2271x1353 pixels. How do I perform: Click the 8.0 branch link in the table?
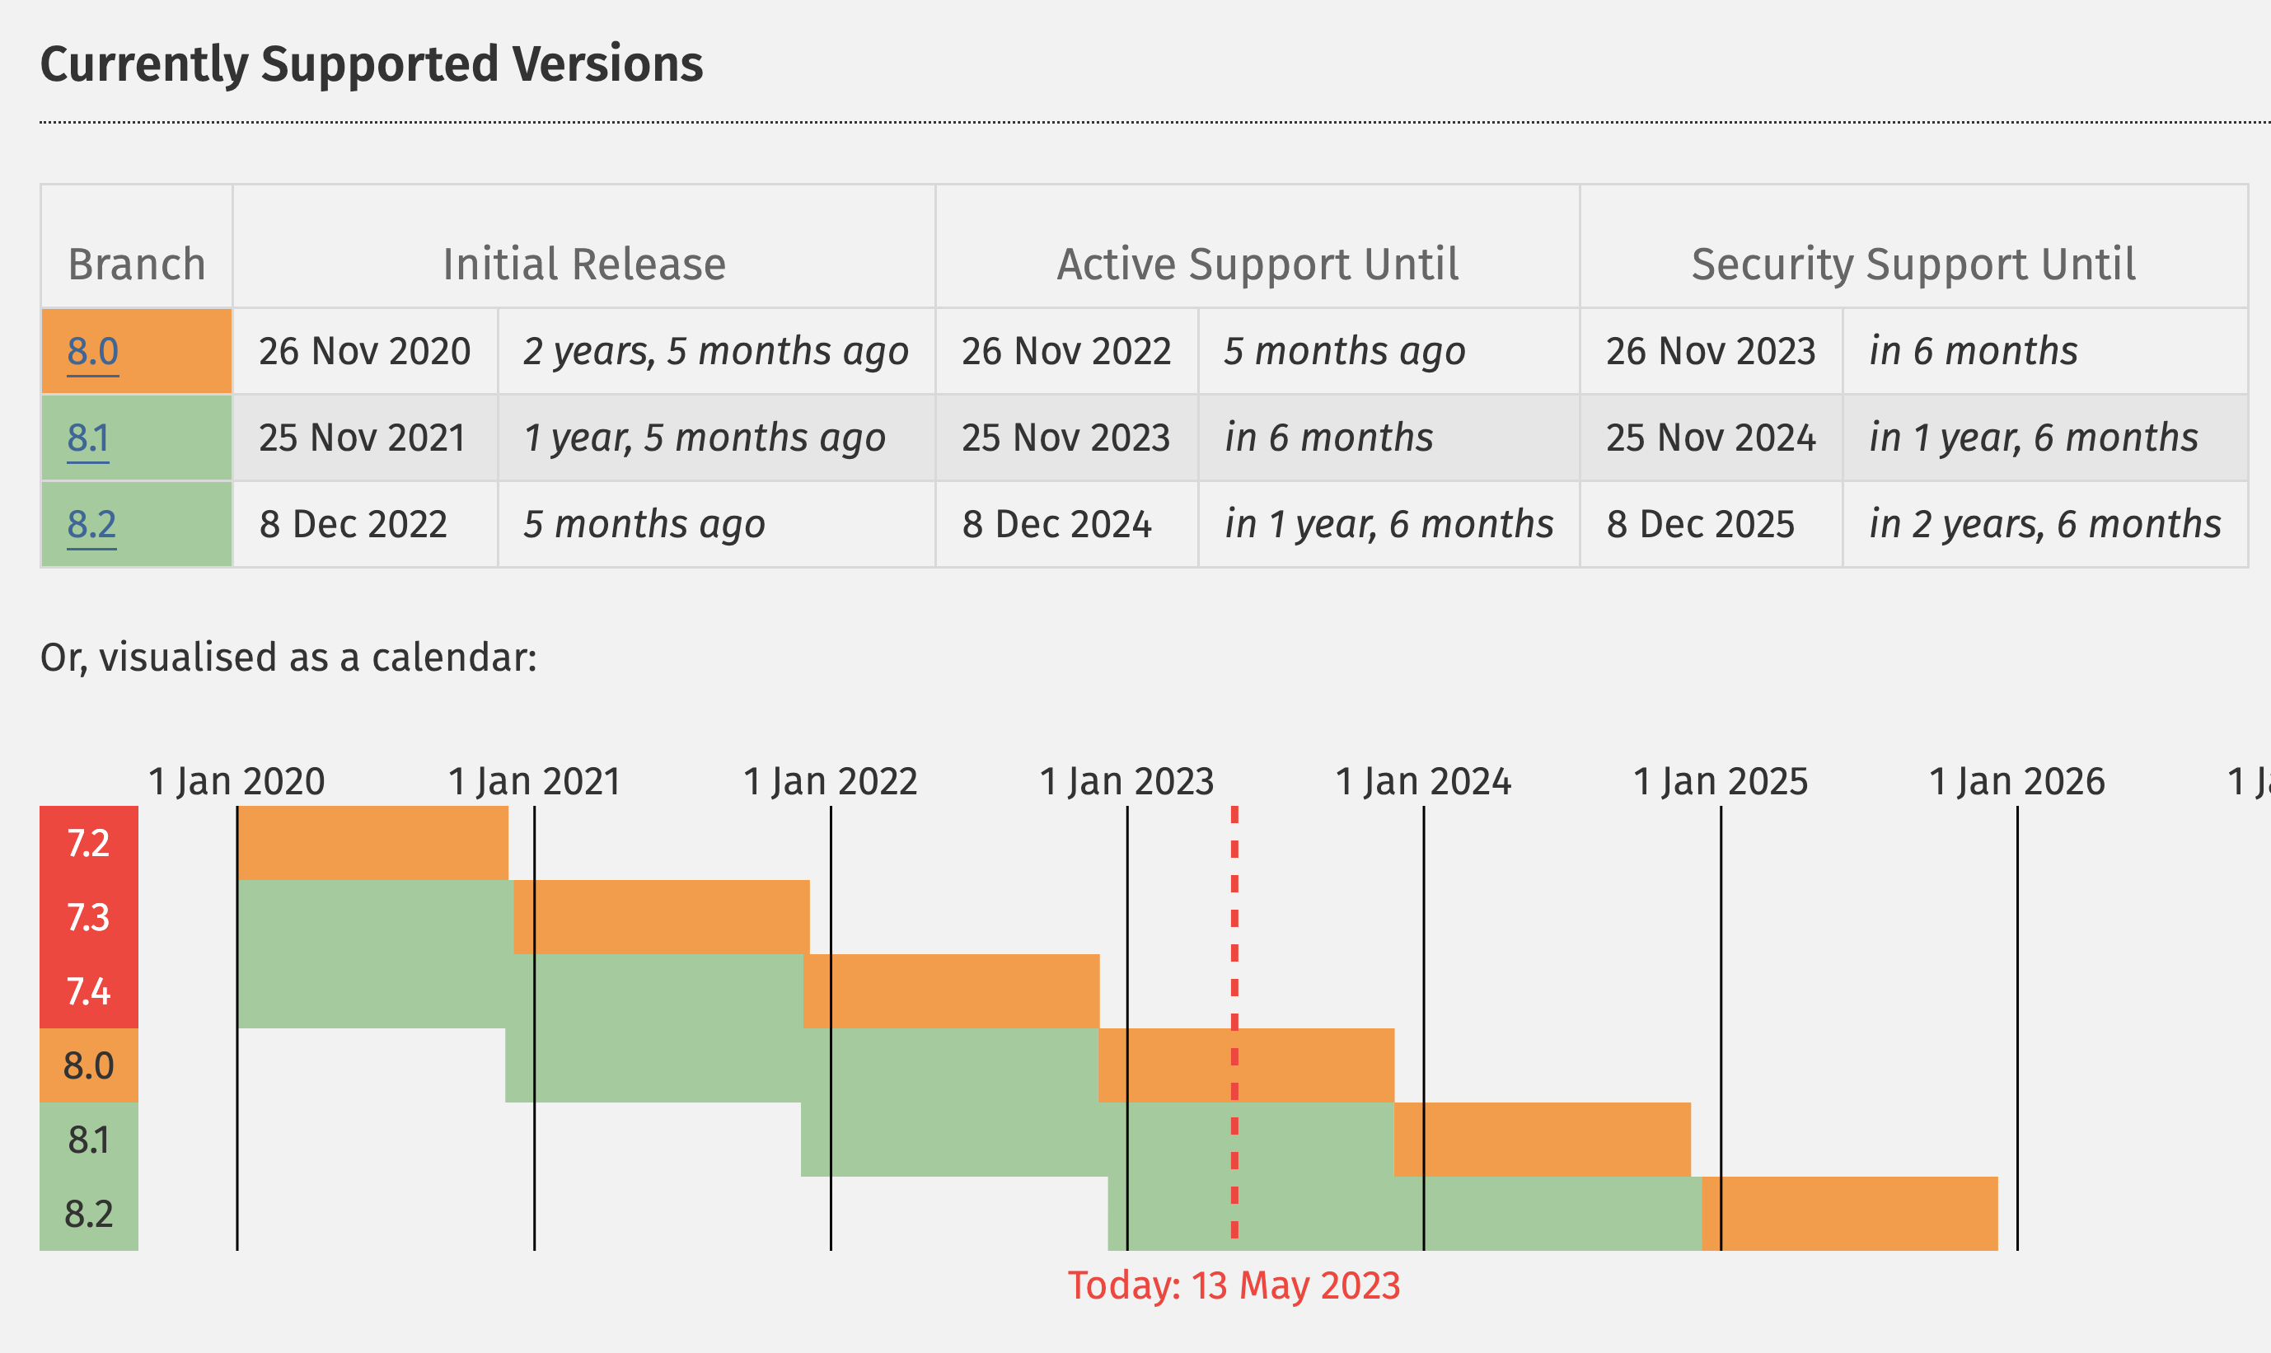tap(93, 352)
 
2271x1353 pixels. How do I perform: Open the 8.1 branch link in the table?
tap(88, 438)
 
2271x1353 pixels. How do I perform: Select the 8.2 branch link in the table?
tap(92, 525)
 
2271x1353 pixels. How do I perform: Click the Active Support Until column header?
tap(1257, 265)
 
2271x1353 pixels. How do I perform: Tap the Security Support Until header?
tap(1913, 265)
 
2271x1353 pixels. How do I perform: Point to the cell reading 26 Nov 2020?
tap(365, 352)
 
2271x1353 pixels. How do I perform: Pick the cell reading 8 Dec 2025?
tap(1700, 525)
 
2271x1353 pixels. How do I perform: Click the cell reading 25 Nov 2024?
tap(1711, 438)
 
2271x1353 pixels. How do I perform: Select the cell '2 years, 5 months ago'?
tap(716, 352)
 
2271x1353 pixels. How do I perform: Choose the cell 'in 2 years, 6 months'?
tap(2045, 525)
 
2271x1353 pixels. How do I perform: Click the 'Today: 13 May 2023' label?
tap(1234, 1285)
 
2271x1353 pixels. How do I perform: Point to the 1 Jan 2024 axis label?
tap(1423, 782)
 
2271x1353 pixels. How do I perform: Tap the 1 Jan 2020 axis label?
tap(237, 782)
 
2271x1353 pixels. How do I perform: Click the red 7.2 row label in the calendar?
tap(88, 843)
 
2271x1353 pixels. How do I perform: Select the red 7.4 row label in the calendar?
tap(88, 991)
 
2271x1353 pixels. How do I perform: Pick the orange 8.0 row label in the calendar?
tap(88, 1065)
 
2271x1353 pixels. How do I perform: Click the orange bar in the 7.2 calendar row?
tap(372, 843)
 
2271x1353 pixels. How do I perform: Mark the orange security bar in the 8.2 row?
tap(1849, 1214)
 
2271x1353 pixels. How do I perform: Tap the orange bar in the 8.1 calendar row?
tap(1542, 1140)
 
